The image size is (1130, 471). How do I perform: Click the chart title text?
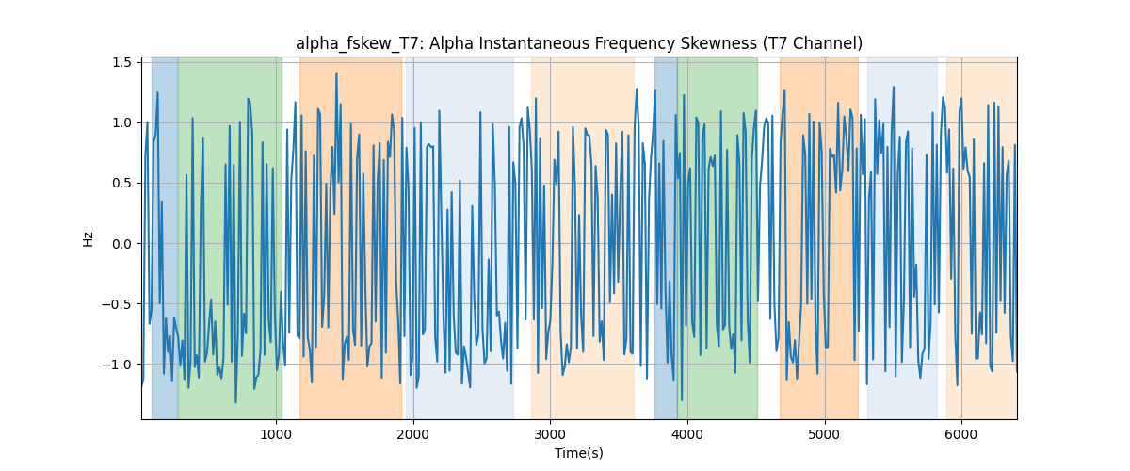pos(578,44)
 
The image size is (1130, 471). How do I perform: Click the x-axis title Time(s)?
pos(578,453)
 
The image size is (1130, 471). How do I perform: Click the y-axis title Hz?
pos(89,238)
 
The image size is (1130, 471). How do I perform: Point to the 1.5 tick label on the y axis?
pos(121,62)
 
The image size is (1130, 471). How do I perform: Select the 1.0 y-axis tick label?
pos(121,123)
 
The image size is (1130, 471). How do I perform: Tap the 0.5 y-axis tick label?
pos(121,184)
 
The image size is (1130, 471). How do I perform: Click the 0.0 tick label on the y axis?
pos(121,244)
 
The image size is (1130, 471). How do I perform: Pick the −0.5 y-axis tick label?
pos(117,304)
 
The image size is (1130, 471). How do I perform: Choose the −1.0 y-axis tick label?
pos(117,365)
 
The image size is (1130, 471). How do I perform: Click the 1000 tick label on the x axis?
pos(276,434)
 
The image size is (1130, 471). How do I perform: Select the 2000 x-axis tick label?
pos(413,434)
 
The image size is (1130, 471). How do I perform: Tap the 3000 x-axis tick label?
pos(550,434)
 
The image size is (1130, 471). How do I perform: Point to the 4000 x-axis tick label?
pos(687,434)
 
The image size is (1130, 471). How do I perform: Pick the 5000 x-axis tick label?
pos(824,434)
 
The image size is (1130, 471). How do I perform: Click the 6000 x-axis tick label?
pos(961,434)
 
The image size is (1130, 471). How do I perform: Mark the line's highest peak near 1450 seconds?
pos(336,73)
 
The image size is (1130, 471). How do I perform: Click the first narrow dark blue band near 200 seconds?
pos(165,237)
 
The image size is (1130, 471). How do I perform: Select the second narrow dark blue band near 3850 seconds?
pos(666,237)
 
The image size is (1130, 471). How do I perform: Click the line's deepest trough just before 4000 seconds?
pos(682,400)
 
